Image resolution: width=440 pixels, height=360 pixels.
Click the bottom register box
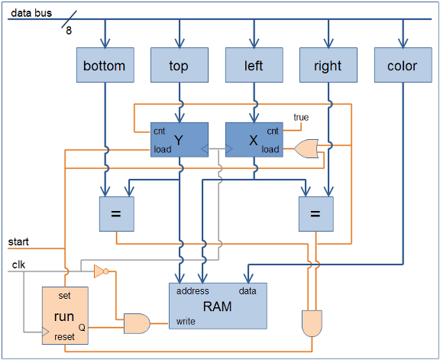click(x=105, y=65)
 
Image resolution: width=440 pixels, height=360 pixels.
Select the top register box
click(x=180, y=65)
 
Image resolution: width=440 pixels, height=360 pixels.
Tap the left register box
click(x=254, y=65)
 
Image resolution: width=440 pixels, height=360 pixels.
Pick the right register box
click(x=328, y=65)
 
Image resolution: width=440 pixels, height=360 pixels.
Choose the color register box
click(x=403, y=65)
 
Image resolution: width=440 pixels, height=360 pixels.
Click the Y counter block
click(x=180, y=140)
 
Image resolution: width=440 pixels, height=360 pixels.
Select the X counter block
click(x=254, y=140)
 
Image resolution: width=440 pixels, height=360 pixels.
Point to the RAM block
click(x=218, y=306)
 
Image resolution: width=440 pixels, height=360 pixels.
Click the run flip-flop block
click(x=65, y=316)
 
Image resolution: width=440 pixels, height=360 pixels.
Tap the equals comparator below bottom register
click(x=116, y=214)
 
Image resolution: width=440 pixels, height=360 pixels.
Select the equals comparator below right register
click(x=316, y=214)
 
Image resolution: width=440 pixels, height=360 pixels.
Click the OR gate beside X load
click(x=306, y=148)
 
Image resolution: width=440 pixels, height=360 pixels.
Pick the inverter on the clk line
click(x=102, y=271)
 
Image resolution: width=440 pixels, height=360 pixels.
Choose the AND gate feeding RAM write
click(x=137, y=323)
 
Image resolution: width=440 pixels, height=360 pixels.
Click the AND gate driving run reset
click(x=312, y=323)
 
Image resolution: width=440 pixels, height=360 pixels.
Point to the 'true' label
click(x=301, y=117)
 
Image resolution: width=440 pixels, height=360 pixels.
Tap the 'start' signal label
click(x=18, y=242)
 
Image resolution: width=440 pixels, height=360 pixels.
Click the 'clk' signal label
click(x=18, y=264)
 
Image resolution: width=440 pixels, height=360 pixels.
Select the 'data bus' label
click(x=31, y=13)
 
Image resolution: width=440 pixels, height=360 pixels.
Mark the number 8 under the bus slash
click(x=69, y=31)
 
